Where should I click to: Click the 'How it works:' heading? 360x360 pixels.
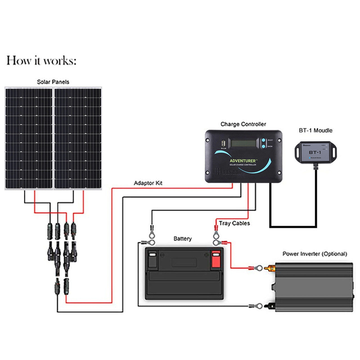(x=41, y=61)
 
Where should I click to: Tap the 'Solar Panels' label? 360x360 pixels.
(x=53, y=82)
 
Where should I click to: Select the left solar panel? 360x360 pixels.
(x=29, y=138)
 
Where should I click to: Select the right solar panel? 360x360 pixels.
(x=78, y=138)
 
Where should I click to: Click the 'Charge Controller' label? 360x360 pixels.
(x=243, y=124)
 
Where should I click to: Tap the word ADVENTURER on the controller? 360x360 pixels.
(x=242, y=161)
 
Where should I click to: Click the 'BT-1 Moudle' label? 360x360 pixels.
(x=316, y=130)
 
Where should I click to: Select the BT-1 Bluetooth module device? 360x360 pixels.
(x=315, y=152)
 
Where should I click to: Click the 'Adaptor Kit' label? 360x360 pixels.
(x=148, y=183)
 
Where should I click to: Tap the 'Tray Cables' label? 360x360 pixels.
(x=234, y=223)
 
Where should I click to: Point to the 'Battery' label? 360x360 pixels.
(x=183, y=239)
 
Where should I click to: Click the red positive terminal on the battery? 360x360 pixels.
(x=216, y=259)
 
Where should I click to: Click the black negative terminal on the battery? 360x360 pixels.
(x=152, y=259)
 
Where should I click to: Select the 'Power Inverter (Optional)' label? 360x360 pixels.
(x=315, y=254)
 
